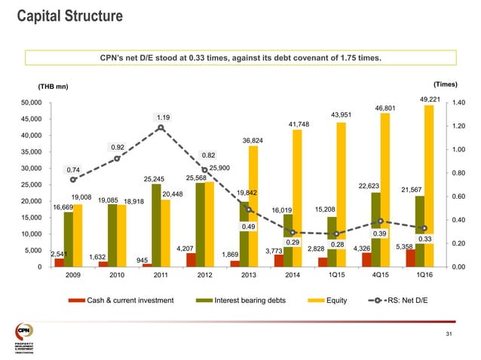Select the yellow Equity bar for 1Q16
click(x=429, y=188)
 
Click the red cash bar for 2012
click(x=191, y=260)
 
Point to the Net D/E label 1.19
click(x=163, y=117)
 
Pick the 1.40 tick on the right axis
click(x=459, y=102)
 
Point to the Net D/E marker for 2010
click(x=117, y=158)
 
